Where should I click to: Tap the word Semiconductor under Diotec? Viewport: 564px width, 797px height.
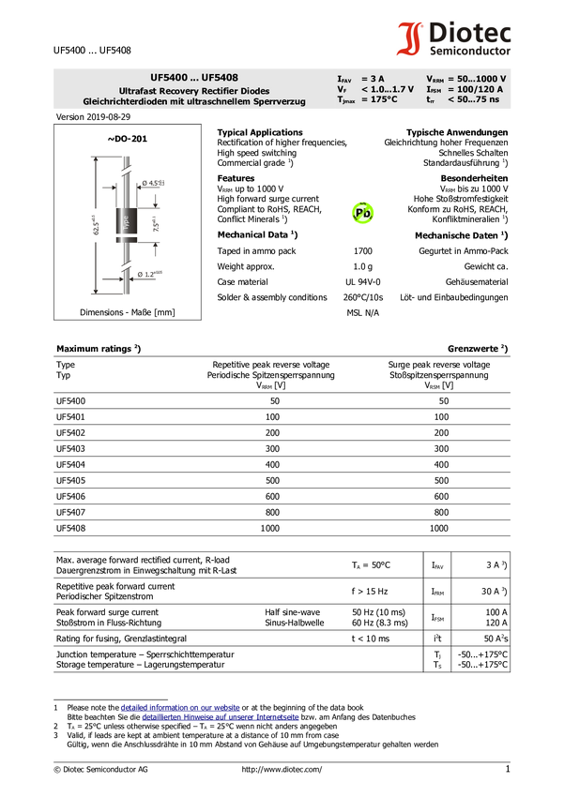point(470,51)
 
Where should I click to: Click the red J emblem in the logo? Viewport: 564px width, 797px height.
point(409,39)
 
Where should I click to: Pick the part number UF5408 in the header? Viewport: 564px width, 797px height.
point(220,78)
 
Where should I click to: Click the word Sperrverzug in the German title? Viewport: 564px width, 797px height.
point(280,101)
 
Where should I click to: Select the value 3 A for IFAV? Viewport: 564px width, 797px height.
point(376,79)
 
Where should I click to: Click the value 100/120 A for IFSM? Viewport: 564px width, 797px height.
point(480,89)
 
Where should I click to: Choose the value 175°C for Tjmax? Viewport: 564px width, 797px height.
point(383,99)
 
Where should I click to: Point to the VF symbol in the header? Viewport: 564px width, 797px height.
point(343,89)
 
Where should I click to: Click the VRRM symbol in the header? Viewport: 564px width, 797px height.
point(435,80)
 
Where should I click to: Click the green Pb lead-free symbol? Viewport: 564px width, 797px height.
point(362,214)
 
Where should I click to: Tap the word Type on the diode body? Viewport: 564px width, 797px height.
point(126,219)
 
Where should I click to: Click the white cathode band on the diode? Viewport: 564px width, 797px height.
point(126,235)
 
